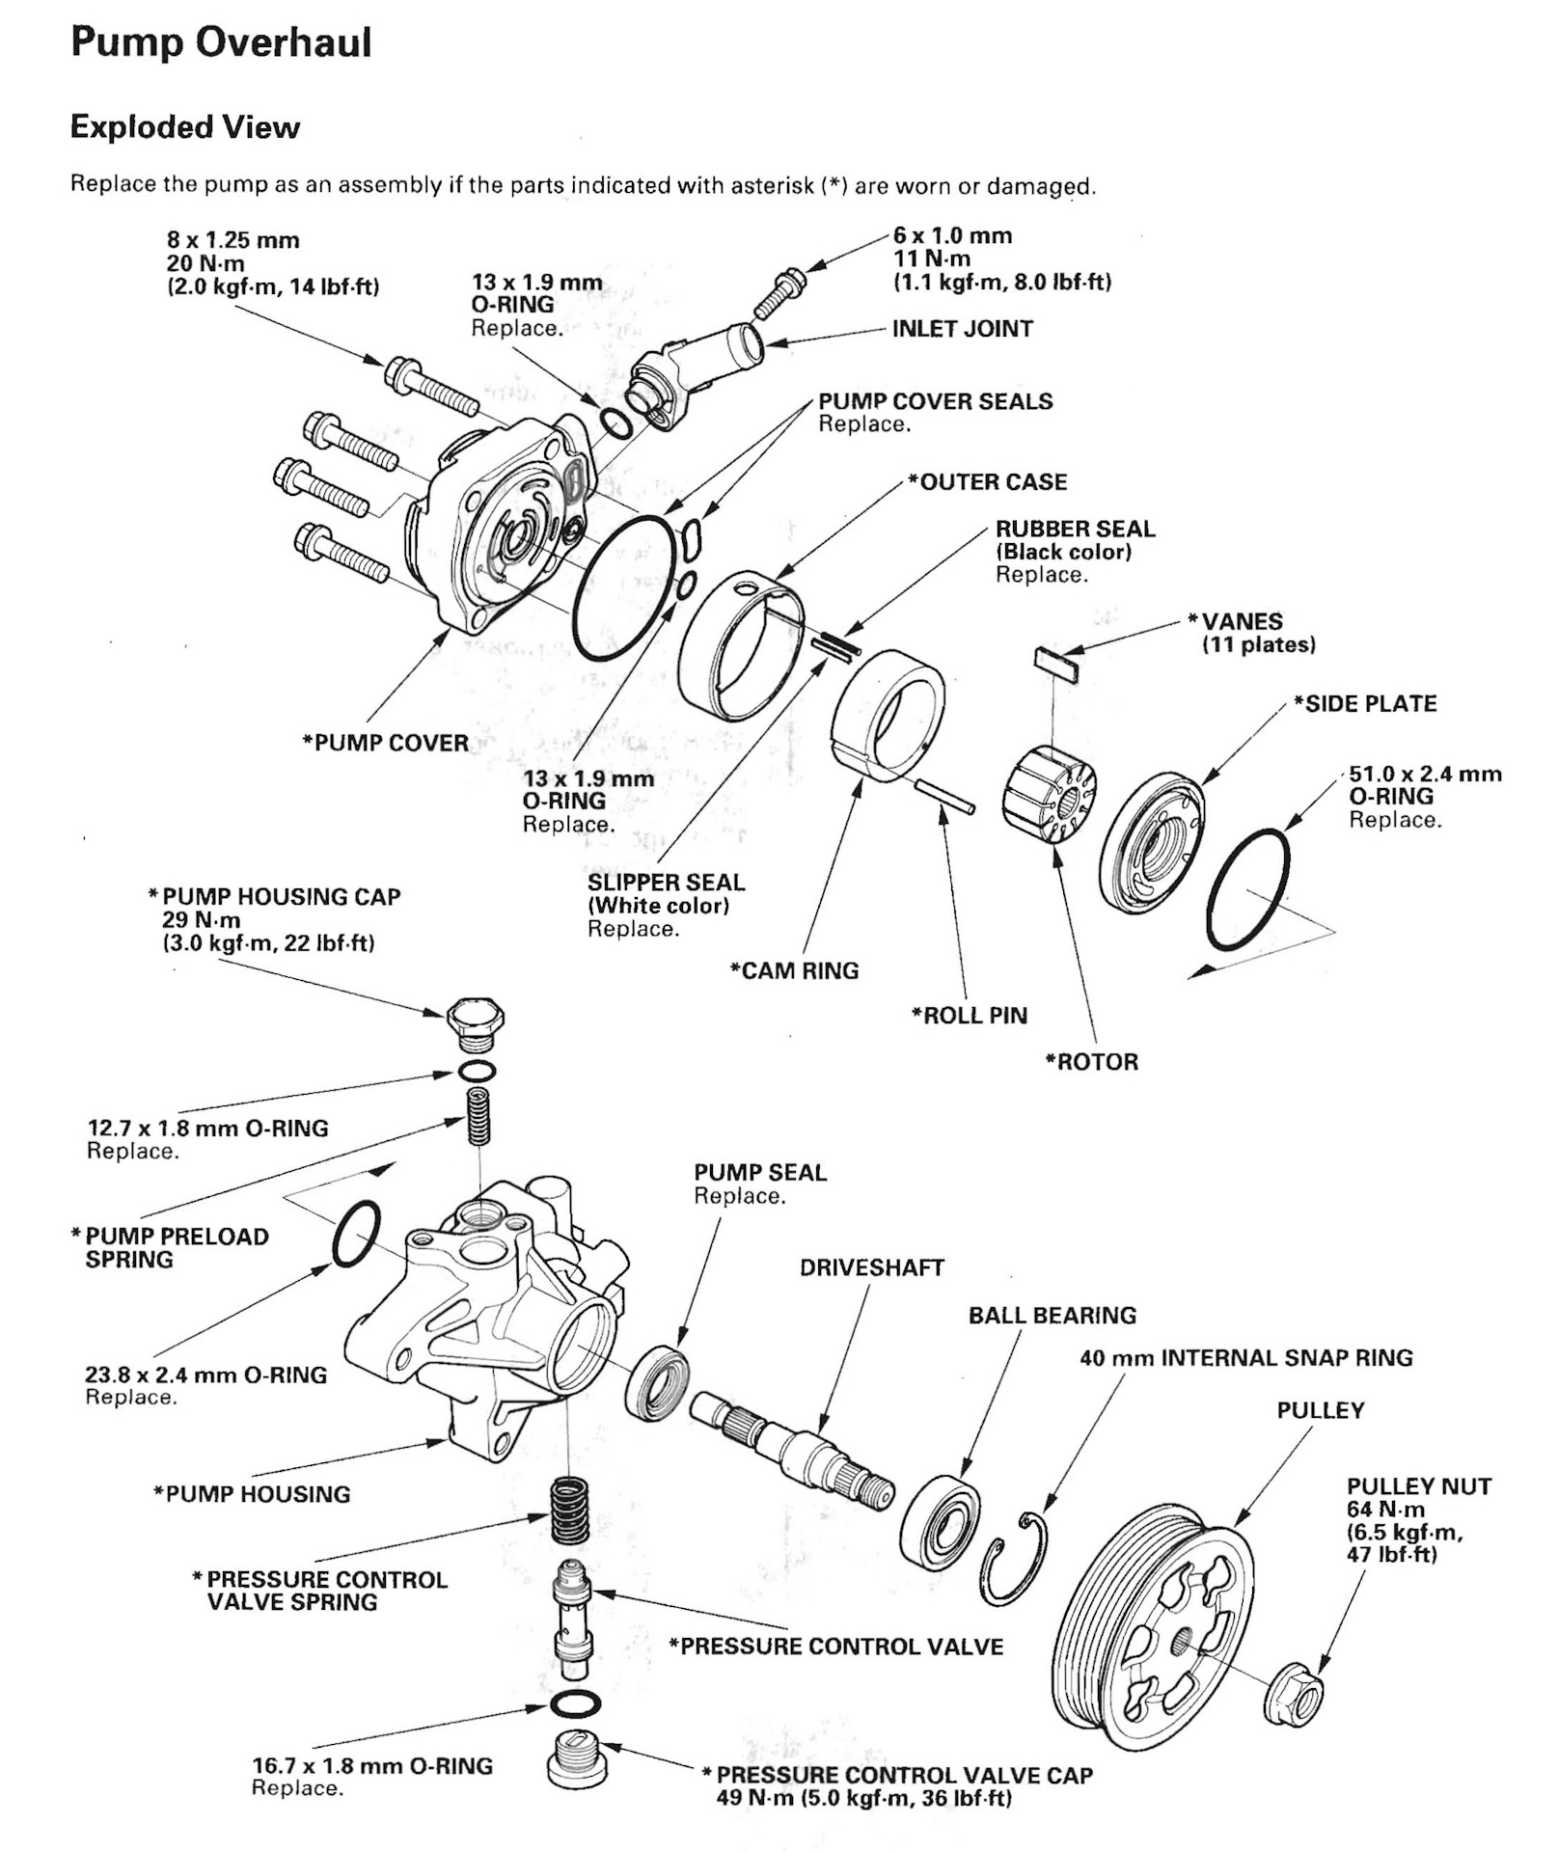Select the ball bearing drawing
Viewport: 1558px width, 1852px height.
pyautogui.click(x=940, y=1521)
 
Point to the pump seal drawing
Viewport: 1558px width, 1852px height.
pyautogui.click(x=657, y=1381)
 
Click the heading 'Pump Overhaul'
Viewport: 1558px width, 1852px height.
pyautogui.click(x=221, y=43)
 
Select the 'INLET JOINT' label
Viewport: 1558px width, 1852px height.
pyautogui.click(x=962, y=329)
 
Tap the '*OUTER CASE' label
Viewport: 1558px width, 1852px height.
pyautogui.click(x=987, y=482)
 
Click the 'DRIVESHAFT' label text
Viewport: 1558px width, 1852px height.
pyautogui.click(x=871, y=1268)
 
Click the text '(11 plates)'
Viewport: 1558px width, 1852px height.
pyautogui.click(x=1258, y=644)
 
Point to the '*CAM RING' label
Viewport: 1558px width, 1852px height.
pyautogui.click(x=794, y=970)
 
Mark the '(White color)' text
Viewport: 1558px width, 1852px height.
pyautogui.click(x=658, y=906)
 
